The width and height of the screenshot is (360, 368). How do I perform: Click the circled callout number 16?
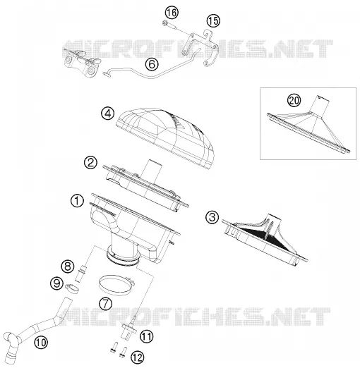pos(172,13)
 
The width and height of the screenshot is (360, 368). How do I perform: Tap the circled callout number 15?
pos(213,20)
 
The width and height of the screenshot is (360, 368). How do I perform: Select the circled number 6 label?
pos(152,64)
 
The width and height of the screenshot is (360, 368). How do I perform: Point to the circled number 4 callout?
pos(108,114)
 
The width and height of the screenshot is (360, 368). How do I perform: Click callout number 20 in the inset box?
pos(294,101)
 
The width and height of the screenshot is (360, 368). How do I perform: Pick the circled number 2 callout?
pos(91,163)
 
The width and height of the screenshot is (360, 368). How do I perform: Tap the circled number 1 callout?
pos(77,201)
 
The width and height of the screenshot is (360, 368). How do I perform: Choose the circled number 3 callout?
pos(212,217)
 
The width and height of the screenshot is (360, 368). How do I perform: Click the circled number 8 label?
pos(68,266)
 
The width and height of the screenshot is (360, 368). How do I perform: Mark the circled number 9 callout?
pos(57,283)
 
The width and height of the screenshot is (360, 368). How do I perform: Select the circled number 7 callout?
pos(106,303)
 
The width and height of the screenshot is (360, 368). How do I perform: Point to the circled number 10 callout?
pos(41,343)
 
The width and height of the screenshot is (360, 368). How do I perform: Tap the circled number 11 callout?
pos(146,337)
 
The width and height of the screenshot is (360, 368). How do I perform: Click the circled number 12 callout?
pos(137,357)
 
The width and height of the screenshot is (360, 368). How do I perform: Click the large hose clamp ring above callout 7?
pos(101,285)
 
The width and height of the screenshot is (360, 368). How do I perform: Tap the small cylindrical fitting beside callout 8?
pos(79,273)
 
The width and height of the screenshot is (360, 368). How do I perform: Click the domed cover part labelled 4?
pos(166,137)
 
